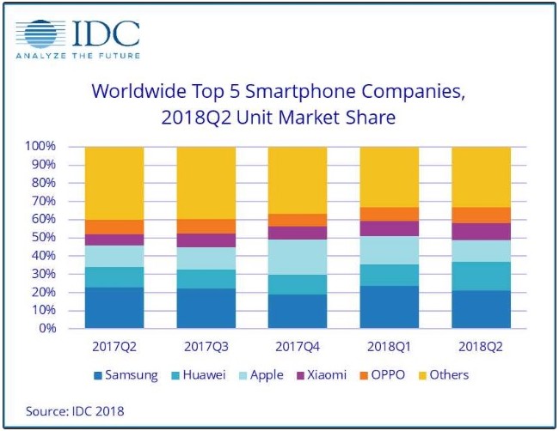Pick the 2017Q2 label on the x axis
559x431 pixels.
(x=114, y=347)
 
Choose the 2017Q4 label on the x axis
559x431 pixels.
(x=298, y=347)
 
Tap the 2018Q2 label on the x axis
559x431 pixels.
(x=481, y=347)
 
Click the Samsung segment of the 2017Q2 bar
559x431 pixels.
(x=114, y=307)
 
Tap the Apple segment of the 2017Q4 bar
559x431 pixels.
(x=298, y=257)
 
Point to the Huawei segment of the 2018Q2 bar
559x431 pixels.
(x=481, y=276)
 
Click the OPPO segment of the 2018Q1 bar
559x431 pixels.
(x=390, y=214)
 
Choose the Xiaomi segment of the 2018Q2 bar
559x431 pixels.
(x=481, y=231)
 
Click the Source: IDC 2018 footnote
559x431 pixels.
(x=74, y=411)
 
